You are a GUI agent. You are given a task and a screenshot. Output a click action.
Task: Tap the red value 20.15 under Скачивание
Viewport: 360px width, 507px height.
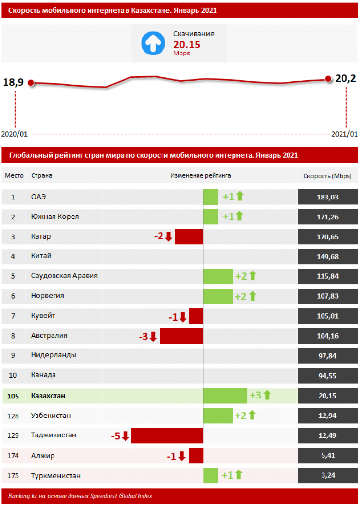(187, 45)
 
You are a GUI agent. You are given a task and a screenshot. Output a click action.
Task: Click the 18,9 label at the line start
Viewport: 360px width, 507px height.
(14, 82)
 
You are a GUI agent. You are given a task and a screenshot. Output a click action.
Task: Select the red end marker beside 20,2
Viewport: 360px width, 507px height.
(328, 79)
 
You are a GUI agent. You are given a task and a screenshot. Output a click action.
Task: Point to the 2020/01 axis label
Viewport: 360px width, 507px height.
(15, 134)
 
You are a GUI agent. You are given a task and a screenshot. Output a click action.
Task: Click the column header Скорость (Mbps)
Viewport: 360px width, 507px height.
(327, 176)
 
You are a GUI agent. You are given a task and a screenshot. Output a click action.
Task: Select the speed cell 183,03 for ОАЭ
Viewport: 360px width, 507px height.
(327, 197)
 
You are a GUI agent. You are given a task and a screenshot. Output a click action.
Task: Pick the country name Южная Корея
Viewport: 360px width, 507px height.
(54, 217)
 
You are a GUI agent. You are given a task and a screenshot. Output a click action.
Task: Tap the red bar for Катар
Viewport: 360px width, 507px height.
(189, 237)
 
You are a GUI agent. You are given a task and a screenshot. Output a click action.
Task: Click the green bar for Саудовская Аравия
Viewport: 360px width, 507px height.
(218, 276)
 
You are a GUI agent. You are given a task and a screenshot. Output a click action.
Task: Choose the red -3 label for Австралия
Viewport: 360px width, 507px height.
(144, 336)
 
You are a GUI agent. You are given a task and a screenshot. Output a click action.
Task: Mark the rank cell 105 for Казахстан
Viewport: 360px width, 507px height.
(13, 396)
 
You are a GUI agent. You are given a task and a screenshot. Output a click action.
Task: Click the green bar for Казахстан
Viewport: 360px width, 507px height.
(225, 396)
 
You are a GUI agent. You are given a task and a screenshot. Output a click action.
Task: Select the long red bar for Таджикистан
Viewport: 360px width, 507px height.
(167, 435)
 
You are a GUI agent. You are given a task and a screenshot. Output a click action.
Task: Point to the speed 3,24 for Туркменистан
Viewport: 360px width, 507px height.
(327, 475)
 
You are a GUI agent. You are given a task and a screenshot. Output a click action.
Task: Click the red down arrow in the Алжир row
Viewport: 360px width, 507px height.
(182, 456)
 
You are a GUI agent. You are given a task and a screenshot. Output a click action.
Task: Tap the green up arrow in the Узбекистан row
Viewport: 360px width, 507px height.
(252, 415)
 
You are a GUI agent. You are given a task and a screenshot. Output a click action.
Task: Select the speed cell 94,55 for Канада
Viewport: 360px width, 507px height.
(327, 375)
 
